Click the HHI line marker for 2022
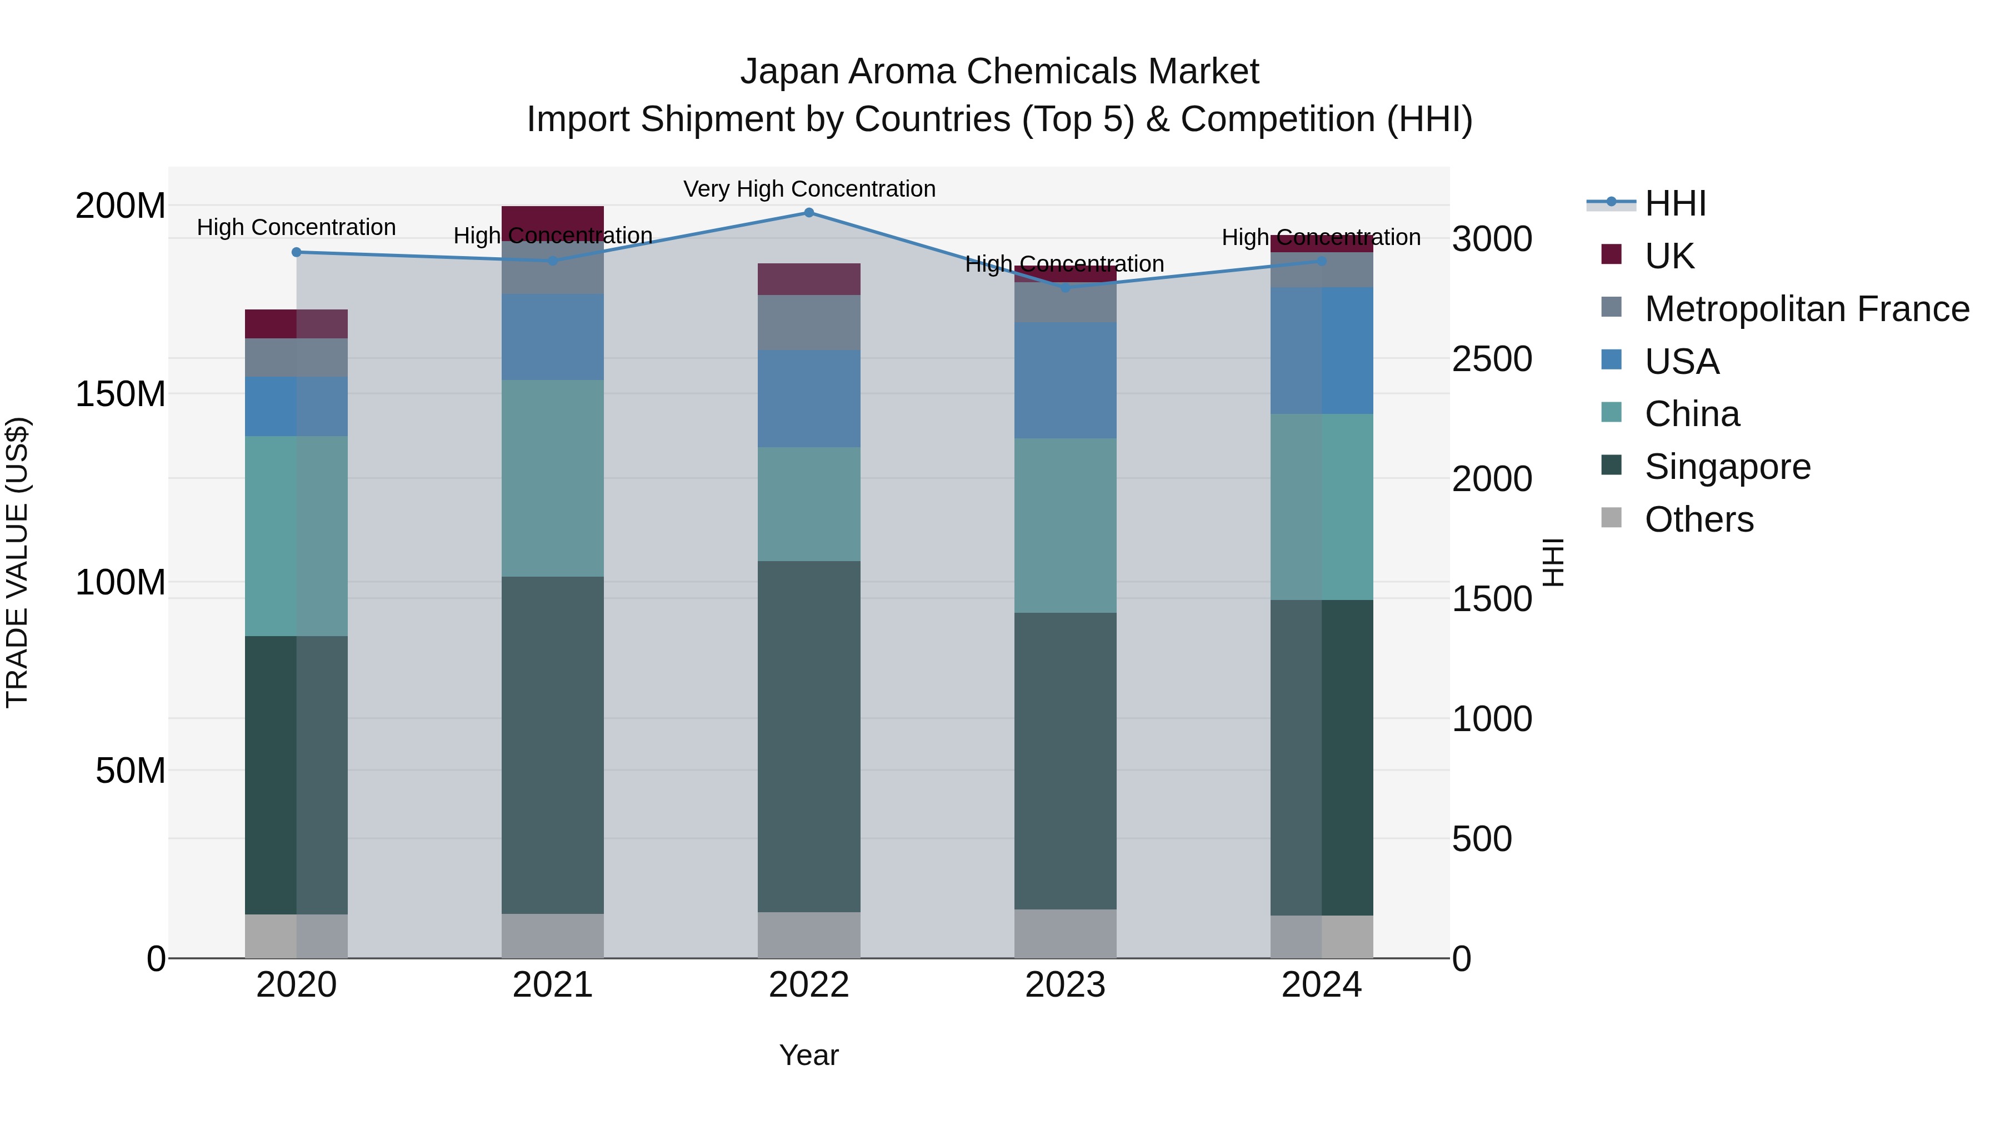point(808,213)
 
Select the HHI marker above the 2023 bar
point(1065,288)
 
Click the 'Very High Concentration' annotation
point(809,189)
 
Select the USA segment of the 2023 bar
point(1065,381)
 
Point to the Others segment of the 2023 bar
point(1065,933)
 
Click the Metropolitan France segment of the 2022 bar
point(808,322)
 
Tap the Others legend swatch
point(1611,518)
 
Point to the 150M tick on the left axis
point(121,394)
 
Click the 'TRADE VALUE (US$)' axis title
point(17,562)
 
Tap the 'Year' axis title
point(808,1055)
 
